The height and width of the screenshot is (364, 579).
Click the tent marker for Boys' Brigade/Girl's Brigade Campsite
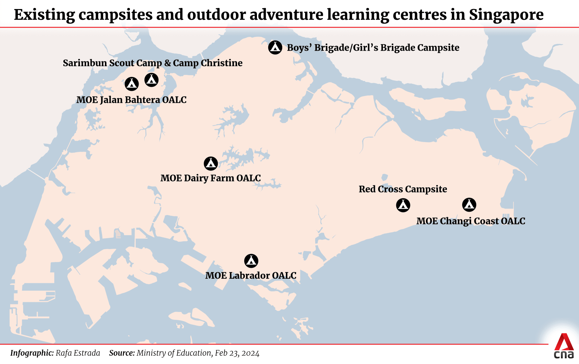[x=275, y=47]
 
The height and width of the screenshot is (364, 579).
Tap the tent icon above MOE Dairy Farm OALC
[x=211, y=163]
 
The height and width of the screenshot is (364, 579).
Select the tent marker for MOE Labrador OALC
[x=251, y=261]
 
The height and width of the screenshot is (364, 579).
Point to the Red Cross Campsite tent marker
[x=403, y=205]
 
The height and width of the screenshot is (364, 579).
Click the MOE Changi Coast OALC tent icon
[x=469, y=205]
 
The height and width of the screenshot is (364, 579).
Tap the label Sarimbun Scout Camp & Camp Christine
[x=152, y=63]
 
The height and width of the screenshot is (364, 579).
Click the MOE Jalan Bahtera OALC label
[x=131, y=100]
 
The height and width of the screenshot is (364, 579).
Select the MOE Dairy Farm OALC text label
[x=210, y=178]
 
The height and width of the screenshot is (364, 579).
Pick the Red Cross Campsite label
[x=403, y=189]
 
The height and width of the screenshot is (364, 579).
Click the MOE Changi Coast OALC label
[x=470, y=221]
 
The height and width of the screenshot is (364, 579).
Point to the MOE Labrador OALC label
[x=250, y=275]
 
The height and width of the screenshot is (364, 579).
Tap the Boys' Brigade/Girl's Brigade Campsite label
[x=373, y=48]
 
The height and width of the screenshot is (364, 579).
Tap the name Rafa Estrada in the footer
[x=78, y=353]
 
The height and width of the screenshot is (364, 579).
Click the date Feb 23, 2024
[x=237, y=353]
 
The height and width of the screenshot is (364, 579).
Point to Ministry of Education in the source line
[x=174, y=353]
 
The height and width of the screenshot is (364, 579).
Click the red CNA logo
[x=564, y=346]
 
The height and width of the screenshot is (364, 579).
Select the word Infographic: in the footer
[x=32, y=353]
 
